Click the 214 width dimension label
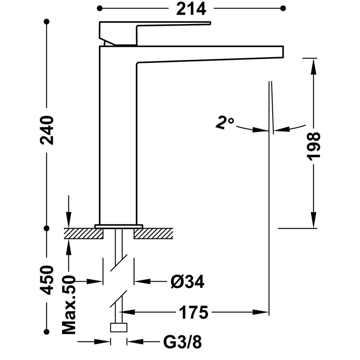(x=191, y=9)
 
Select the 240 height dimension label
(x=47, y=130)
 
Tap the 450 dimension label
(x=47, y=280)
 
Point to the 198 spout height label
(x=314, y=146)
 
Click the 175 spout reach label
(x=193, y=312)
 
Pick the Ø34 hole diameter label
(x=188, y=282)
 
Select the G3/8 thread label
(x=182, y=342)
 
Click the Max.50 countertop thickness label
(x=69, y=305)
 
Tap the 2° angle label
(x=224, y=123)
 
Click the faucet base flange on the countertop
(x=119, y=226)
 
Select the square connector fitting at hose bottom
(x=119, y=327)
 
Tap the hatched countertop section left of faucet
(x=84, y=234)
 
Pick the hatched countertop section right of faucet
(x=153, y=234)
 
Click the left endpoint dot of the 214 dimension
(x=100, y=8)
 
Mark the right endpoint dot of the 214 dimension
(x=283, y=8)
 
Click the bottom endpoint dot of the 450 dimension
(x=47, y=332)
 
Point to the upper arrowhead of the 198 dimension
(x=314, y=66)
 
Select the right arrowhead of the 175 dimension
(x=260, y=312)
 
